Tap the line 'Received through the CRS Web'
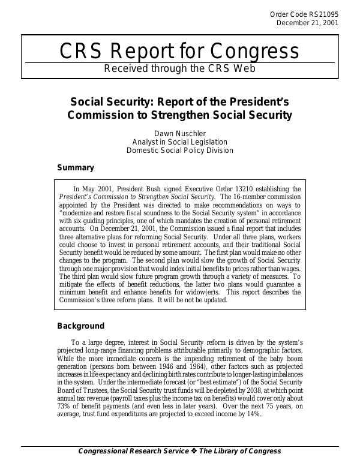(179, 68)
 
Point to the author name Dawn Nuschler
(179, 132)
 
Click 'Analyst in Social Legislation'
(179, 141)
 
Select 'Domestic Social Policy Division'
(179, 150)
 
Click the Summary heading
(75, 168)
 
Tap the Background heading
(80, 326)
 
